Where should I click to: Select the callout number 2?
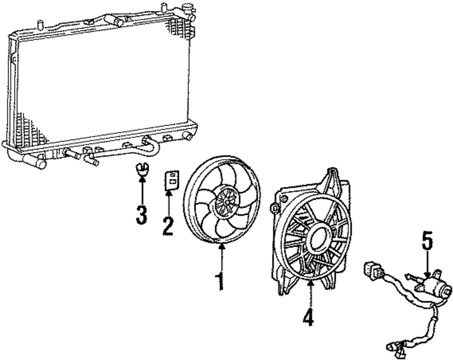click(x=168, y=225)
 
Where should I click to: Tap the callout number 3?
click(x=142, y=214)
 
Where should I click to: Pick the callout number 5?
click(x=427, y=241)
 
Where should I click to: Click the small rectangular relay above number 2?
click(x=171, y=179)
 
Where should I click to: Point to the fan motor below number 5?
click(x=435, y=286)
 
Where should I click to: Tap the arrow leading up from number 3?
click(x=142, y=190)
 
